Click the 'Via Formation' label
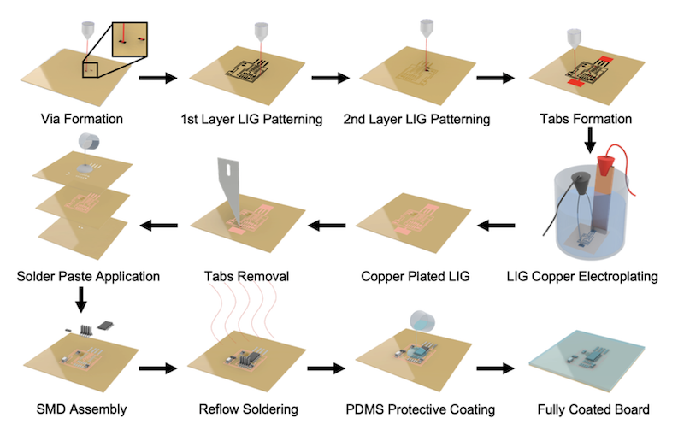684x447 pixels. click(81, 119)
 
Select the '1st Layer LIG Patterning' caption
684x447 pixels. click(251, 119)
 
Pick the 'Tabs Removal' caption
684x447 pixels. click(251, 277)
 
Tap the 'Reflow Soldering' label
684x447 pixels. click(251, 409)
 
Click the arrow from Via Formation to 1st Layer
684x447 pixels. click(157, 79)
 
